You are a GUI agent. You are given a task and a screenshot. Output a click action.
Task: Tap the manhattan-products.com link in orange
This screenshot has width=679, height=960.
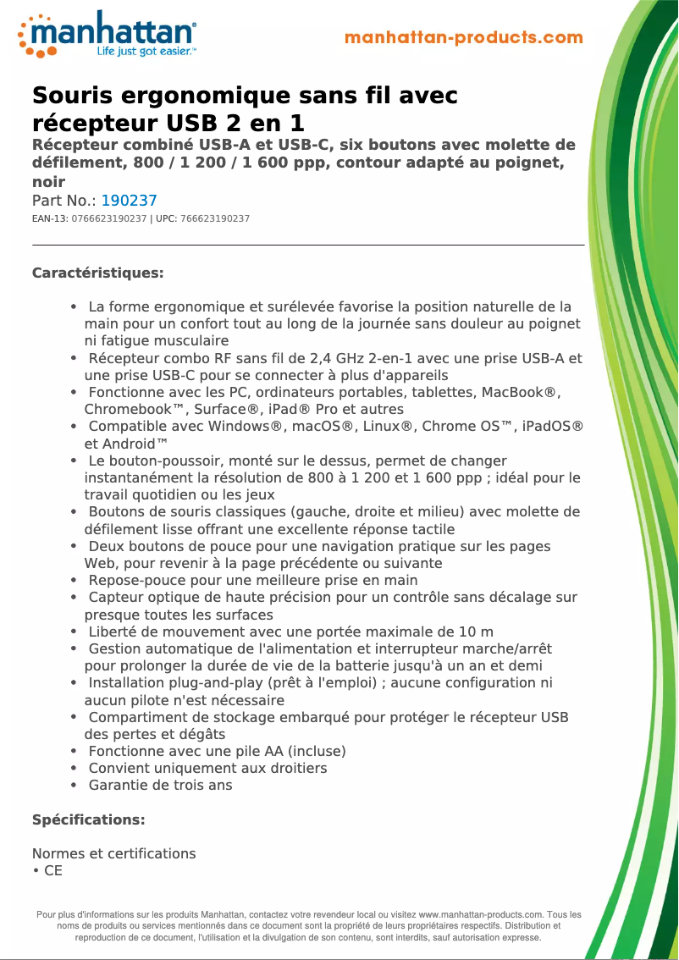click(x=464, y=38)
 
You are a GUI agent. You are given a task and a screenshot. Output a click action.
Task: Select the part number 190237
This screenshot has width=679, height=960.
click(x=130, y=201)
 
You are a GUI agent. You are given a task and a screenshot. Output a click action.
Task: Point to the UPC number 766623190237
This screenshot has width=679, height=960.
click(x=215, y=219)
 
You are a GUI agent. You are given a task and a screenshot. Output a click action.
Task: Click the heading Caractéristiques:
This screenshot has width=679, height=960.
click(x=97, y=273)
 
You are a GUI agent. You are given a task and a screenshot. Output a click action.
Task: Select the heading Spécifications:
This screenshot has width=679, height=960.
click(x=88, y=820)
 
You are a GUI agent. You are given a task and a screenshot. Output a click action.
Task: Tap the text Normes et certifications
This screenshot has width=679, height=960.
click(x=113, y=853)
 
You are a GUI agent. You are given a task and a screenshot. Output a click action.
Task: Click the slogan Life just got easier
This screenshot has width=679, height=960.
click(x=146, y=52)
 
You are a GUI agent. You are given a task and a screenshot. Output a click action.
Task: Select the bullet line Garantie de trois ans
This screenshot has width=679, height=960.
click(x=160, y=785)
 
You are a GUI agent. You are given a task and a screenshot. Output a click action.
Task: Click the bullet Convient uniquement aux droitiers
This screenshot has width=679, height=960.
click(x=207, y=768)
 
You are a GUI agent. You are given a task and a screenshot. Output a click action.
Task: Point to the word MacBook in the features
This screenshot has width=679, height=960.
click(x=513, y=392)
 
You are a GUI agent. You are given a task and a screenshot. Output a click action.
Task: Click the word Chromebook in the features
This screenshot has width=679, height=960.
click(x=125, y=409)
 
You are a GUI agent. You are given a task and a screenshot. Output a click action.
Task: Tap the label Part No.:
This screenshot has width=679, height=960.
click(x=64, y=201)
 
